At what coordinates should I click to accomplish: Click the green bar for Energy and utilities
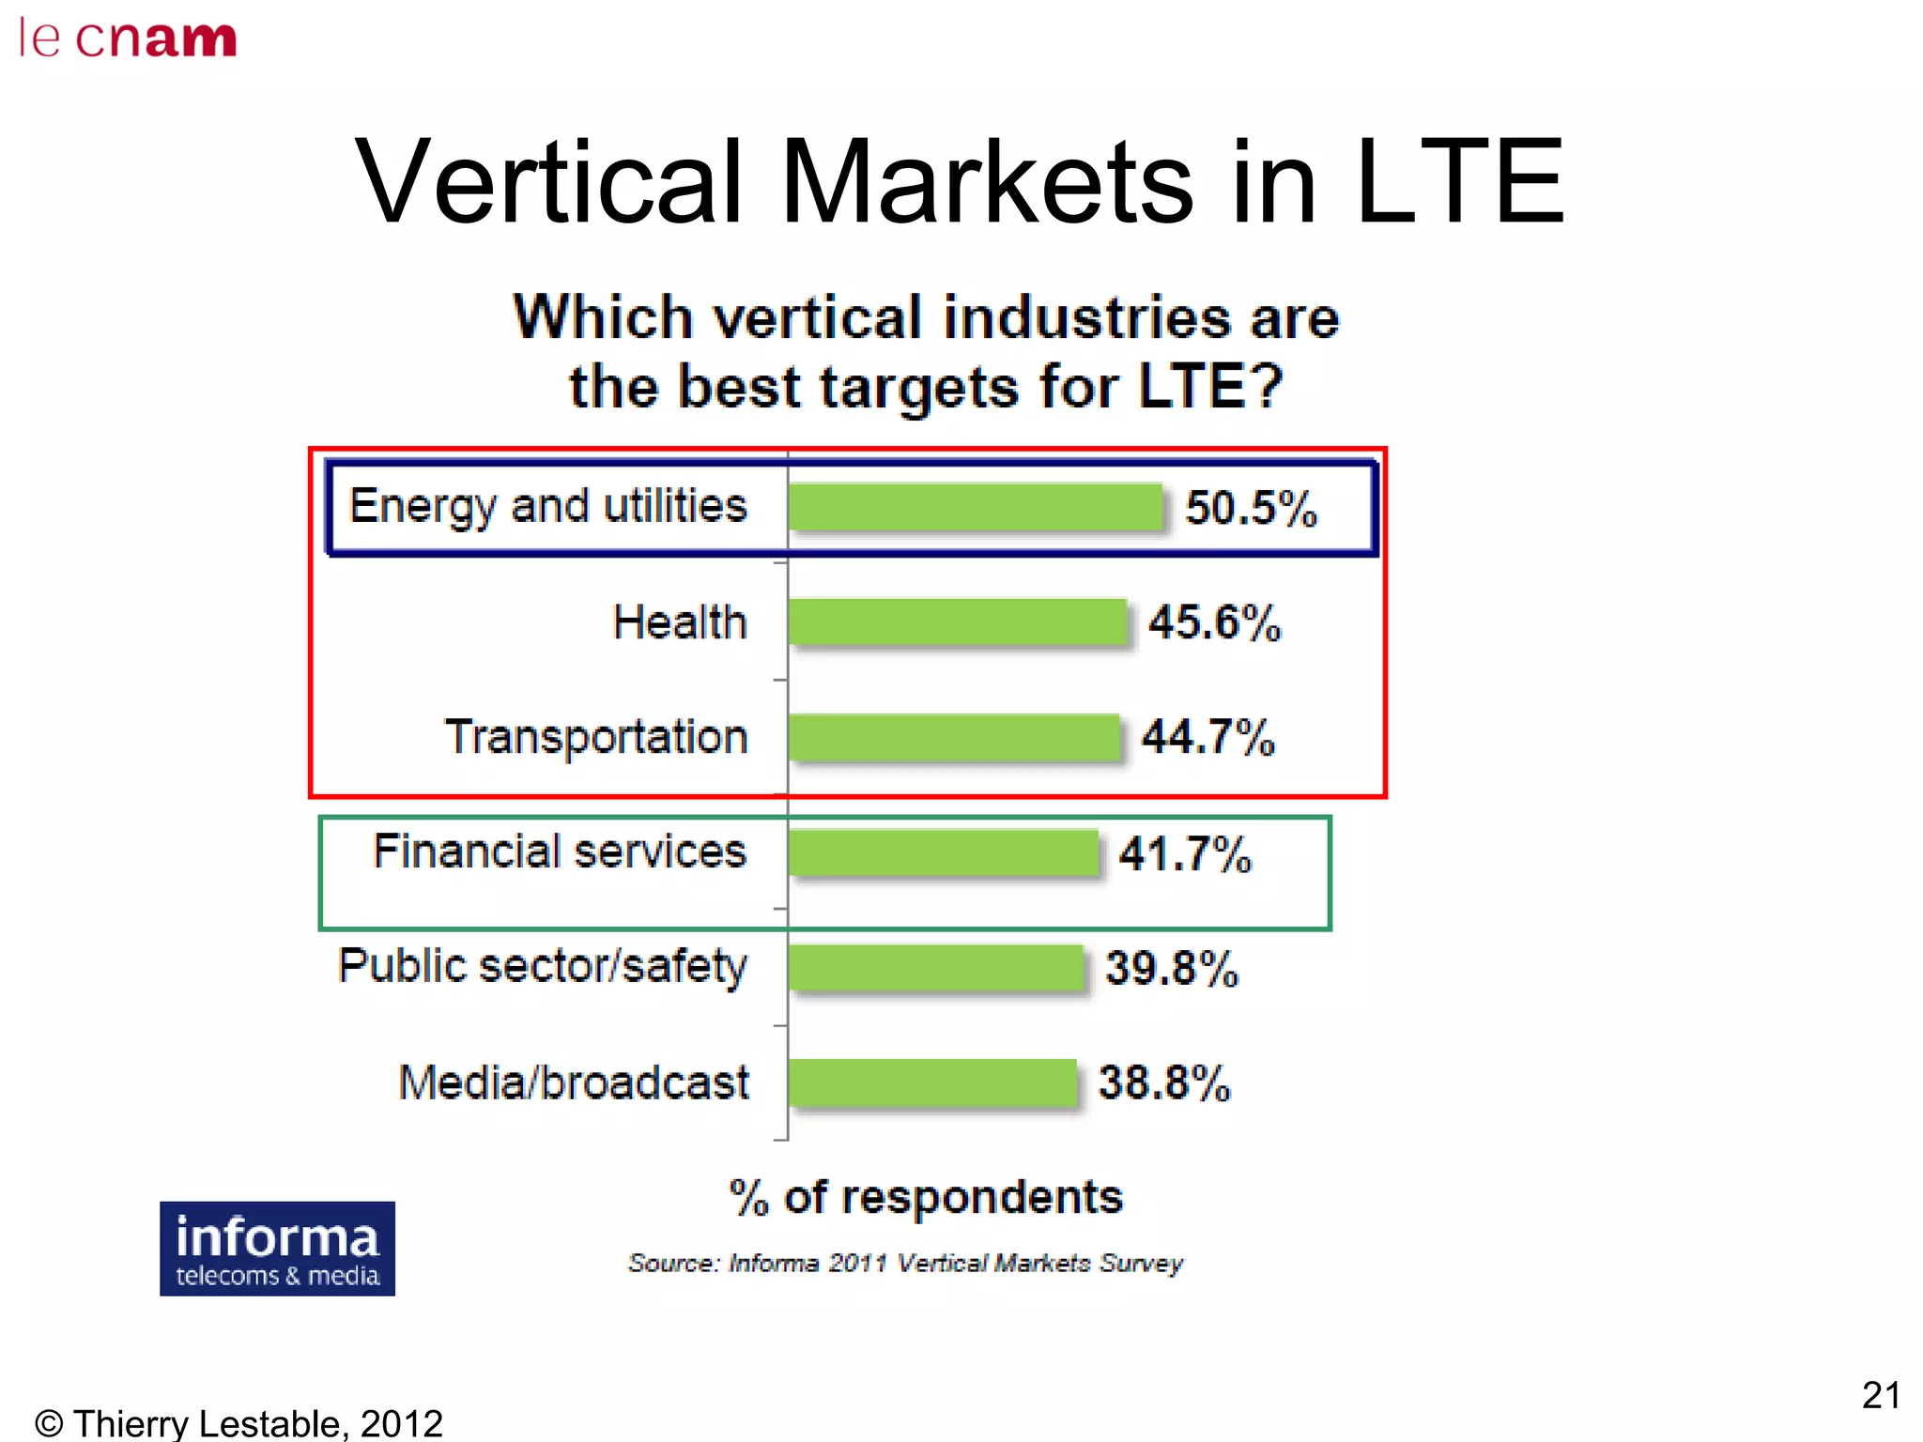(975, 508)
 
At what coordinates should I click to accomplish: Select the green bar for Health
(957, 622)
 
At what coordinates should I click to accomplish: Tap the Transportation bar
(954, 737)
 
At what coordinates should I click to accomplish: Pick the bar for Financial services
(943, 852)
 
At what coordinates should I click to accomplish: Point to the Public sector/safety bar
(935, 967)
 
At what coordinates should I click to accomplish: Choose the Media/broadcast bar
(932, 1082)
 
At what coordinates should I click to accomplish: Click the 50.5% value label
(1251, 508)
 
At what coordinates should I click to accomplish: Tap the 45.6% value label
(1214, 622)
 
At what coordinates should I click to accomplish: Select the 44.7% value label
(1208, 737)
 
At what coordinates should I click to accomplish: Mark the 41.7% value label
(1185, 854)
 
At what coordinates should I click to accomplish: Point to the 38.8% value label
(1163, 1082)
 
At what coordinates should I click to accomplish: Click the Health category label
(680, 622)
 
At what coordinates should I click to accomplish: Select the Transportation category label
(596, 737)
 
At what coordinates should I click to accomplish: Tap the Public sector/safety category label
(543, 967)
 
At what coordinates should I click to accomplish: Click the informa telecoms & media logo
(277, 1249)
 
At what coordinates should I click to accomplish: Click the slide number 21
(1880, 1395)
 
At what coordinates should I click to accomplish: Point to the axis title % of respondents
(926, 1198)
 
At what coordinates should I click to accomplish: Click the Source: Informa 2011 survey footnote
(905, 1263)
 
